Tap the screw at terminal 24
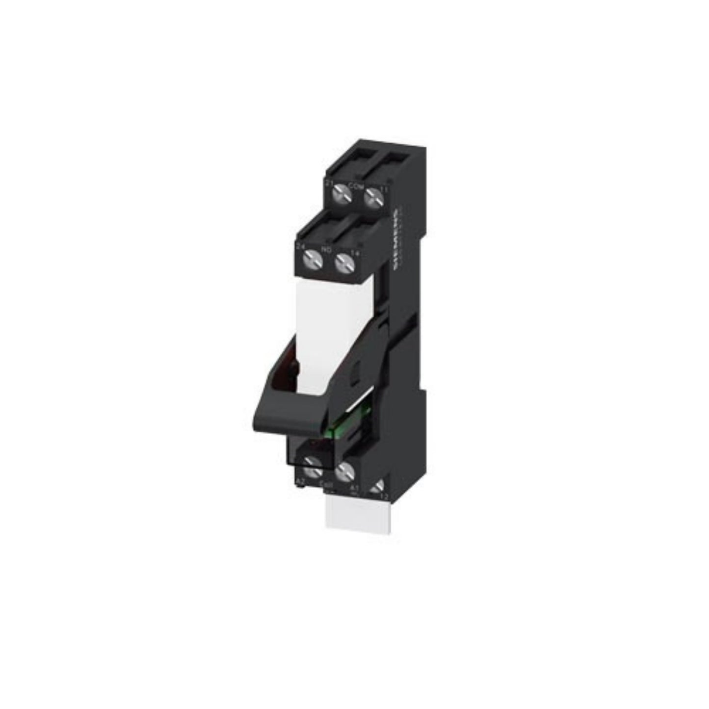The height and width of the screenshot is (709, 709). tap(310, 257)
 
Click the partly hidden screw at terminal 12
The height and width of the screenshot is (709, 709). tap(377, 489)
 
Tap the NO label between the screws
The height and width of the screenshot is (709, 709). tap(325, 250)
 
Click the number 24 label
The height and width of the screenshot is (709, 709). tap(299, 244)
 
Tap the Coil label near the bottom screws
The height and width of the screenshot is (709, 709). tap(324, 486)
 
